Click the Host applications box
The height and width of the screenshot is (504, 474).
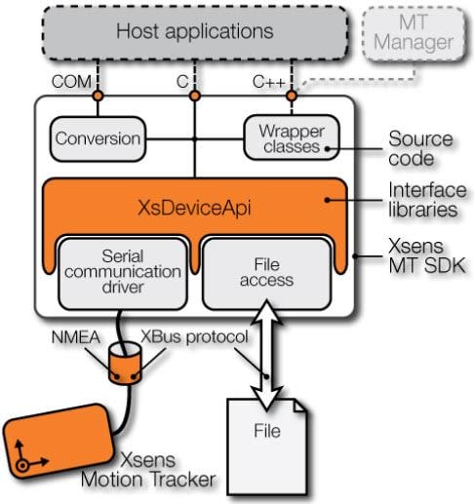click(x=195, y=31)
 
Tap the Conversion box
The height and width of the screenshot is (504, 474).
click(x=97, y=138)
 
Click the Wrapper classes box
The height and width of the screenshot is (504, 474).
click(x=292, y=139)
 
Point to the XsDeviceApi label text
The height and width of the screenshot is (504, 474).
click(x=196, y=207)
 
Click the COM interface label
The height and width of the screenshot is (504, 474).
click(x=73, y=82)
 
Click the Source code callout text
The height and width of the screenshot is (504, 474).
click(x=420, y=149)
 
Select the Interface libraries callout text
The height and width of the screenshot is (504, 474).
click(x=426, y=201)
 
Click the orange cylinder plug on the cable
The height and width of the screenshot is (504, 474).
click(x=127, y=367)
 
